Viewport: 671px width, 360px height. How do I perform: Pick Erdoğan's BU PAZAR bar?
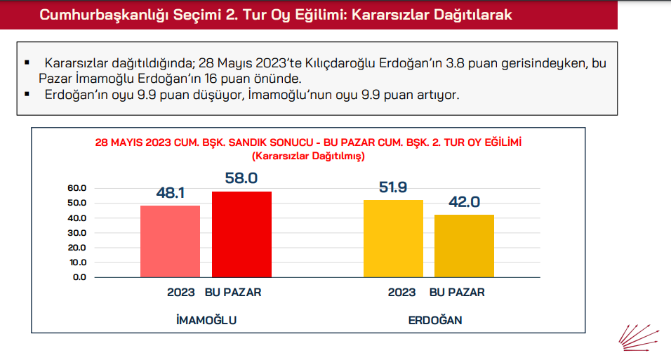coord(464,246)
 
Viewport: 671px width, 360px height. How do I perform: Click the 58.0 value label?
coord(241,178)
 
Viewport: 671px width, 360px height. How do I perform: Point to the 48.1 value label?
coord(170,192)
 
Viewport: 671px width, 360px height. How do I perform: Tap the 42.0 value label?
coord(464,201)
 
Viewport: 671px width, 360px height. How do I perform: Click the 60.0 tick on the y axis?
coord(77,188)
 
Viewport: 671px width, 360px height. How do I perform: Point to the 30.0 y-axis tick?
coord(77,233)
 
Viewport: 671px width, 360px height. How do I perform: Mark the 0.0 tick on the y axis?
coord(79,277)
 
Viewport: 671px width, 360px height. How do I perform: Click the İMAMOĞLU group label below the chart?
coord(206,320)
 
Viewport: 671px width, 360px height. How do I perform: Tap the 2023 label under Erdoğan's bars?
coord(402,292)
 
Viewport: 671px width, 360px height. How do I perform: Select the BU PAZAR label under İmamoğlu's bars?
coord(233,292)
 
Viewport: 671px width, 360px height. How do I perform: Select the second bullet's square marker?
coord(27,93)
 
